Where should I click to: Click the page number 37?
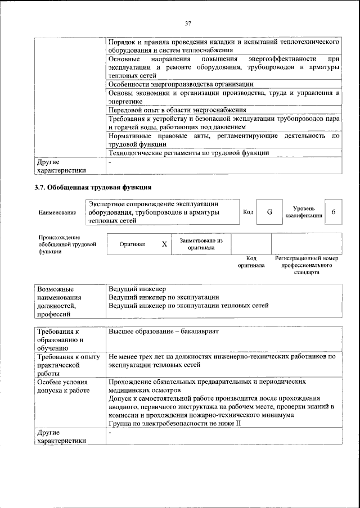(188, 24)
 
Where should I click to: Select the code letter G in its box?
(269, 212)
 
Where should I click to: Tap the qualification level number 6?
(334, 212)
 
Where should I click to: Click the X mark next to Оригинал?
(164, 244)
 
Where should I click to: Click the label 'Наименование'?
(57, 213)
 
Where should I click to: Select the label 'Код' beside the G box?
(247, 212)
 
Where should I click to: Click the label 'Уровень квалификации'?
(304, 212)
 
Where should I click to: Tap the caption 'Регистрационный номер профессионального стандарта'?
(306, 265)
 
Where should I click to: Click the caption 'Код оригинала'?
(251, 261)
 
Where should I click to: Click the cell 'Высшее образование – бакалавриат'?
(164, 332)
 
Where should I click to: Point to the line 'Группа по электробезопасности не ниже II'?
(175, 423)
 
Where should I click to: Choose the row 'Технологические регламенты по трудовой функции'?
(188, 152)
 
